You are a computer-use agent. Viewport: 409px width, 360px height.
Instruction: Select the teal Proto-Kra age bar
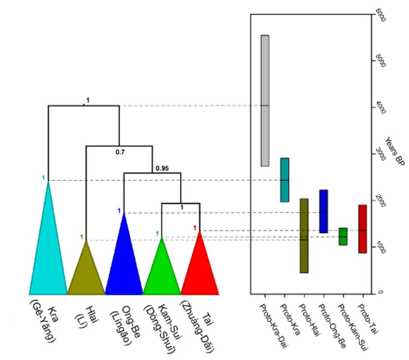(x=284, y=180)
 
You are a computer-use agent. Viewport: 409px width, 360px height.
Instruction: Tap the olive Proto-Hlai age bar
(x=304, y=235)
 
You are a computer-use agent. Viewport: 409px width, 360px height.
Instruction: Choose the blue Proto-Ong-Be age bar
(x=324, y=211)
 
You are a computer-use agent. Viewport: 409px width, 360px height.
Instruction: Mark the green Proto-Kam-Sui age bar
(x=343, y=236)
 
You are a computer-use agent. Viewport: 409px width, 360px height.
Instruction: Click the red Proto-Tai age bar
(x=363, y=229)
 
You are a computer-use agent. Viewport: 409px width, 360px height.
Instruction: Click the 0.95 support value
(x=162, y=168)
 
